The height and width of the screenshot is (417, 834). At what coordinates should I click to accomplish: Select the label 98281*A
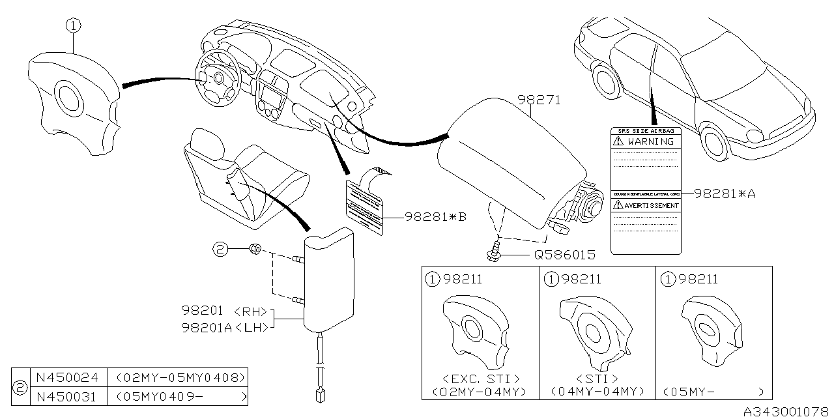(724, 193)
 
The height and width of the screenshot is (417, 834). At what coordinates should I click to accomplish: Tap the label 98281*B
(435, 216)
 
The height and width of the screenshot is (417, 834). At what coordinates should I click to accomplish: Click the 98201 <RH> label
(225, 313)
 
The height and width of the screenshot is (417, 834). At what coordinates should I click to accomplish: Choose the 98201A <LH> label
(225, 327)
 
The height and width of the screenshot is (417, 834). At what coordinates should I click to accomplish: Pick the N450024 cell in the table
(68, 377)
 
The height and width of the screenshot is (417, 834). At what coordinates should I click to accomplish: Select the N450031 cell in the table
(68, 395)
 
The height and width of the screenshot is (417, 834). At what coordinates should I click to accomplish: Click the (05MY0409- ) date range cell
(180, 395)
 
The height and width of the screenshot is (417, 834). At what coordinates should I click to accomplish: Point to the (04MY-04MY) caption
(597, 392)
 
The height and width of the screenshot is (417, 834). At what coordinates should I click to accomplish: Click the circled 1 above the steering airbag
(73, 26)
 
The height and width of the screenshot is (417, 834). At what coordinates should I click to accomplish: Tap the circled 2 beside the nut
(221, 248)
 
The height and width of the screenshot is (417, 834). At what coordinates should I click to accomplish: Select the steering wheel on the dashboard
(217, 78)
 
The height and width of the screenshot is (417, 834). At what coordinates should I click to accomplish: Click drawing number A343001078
(787, 410)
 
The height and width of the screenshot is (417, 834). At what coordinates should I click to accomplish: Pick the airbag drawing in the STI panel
(594, 329)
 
